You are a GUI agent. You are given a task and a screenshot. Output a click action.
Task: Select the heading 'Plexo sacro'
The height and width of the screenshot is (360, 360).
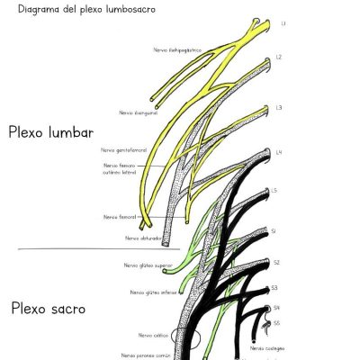[49, 308]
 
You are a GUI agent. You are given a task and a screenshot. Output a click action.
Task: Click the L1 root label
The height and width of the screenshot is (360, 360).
[283, 22]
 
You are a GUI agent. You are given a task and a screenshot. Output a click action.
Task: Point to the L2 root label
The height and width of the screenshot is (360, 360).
[279, 57]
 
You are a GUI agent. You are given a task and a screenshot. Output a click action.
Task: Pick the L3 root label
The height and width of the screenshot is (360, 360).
[280, 107]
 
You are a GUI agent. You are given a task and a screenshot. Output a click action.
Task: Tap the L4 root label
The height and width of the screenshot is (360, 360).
[279, 151]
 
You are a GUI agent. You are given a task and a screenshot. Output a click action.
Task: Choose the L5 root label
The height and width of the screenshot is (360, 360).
[274, 191]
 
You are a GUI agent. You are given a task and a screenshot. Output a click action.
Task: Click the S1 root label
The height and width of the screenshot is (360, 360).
[274, 231]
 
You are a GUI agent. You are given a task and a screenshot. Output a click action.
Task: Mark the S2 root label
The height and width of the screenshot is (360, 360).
[277, 262]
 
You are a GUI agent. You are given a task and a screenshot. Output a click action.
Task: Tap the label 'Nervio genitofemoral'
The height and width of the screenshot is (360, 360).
[124, 149]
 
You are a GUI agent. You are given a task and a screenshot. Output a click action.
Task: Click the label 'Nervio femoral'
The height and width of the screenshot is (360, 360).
[121, 217]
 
